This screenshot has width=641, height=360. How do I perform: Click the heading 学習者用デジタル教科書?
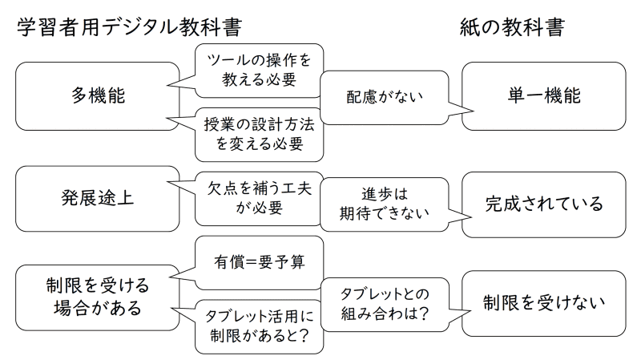point(128,27)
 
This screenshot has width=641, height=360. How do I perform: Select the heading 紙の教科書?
point(512,27)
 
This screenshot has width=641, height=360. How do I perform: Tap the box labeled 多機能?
point(97,96)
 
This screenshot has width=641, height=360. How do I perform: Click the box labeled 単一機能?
point(544,96)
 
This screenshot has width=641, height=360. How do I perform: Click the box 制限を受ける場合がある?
point(97,296)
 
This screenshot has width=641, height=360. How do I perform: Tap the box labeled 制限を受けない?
point(544,302)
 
